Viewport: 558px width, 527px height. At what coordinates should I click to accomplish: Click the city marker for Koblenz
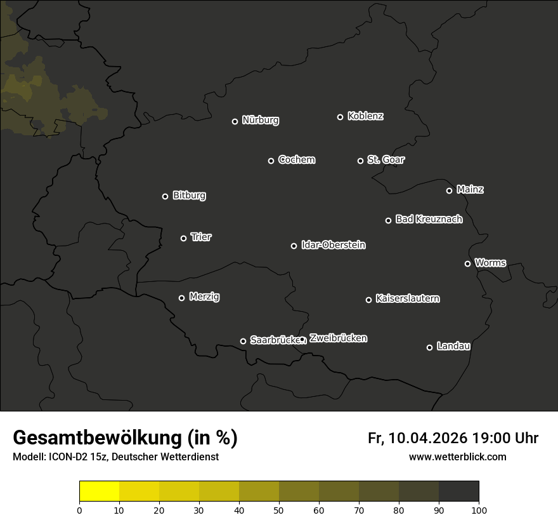(x=340, y=117)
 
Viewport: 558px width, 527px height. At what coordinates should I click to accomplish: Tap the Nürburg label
(x=260, y=120)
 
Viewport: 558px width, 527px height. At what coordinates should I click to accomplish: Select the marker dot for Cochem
(x=271, y=161)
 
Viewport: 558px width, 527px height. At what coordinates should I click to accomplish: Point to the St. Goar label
(x=386, y=159)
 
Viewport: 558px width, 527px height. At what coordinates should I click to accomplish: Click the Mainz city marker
(x=449, y=190)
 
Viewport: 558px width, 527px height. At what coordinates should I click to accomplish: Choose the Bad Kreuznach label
(x=429, y=219)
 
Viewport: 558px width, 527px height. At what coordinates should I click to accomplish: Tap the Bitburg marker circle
(x=165, y=196)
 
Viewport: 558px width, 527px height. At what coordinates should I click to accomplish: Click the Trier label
(x=201, y=237)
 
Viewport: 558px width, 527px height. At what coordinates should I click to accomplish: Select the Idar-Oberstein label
(x=333, y=244)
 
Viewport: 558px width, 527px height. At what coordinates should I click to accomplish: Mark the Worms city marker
(x=467, y=263)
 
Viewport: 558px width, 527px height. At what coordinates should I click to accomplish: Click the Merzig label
(x=204, y=297)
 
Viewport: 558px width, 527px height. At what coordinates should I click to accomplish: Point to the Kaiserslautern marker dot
(x=368, y=300)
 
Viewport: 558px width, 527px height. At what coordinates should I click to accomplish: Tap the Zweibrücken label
(x=338, y=338)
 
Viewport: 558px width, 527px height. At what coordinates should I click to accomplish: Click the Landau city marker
(x=429, y=347)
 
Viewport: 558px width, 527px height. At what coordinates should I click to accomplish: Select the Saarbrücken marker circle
(x=243, y=341)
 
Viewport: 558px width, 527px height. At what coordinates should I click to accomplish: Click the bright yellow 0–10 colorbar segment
(x=100, y=491)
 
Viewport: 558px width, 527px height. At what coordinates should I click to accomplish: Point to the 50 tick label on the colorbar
(x=279, y=510)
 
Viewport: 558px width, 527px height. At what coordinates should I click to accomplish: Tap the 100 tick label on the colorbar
(x=478, y=510)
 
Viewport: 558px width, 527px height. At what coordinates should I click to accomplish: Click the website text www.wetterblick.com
(x=457, y=457)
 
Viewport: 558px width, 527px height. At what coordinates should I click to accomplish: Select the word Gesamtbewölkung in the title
(x=95, y=438)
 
